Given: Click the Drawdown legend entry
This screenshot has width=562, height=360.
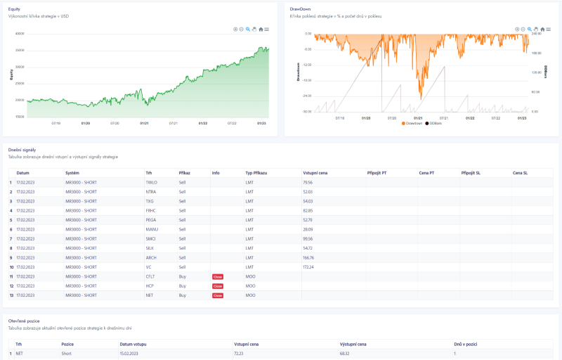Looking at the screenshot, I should [x=413, y=123].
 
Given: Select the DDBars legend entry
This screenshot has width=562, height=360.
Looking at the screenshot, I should [x=436, y=123].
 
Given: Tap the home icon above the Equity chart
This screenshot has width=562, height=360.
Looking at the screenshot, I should [x=261, y=30].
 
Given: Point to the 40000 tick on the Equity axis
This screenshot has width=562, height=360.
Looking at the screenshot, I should [x=20, y=34].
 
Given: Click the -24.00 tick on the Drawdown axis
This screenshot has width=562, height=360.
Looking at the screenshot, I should [x=306, y=96].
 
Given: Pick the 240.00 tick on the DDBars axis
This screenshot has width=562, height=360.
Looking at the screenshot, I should [x=536, y=34].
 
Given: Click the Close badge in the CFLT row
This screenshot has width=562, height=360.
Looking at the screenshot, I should [x=218, y=277].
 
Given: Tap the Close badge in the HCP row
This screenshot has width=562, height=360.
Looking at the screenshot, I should [x=218, y=286].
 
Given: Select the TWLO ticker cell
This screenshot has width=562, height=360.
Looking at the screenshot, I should [x=151, y=182].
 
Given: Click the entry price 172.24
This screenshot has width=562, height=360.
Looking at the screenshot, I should [x=308, y=267].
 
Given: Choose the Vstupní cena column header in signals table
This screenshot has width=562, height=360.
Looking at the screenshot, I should [x=313, y=172].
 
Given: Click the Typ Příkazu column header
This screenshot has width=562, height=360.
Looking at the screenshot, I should [x=256, y=172].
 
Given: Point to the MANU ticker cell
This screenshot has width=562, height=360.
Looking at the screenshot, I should [x=152, y=229].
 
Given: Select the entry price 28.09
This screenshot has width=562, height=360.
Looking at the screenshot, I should [x=308, y=229].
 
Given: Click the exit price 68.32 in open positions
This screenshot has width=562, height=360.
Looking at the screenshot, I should [x=345, y=354].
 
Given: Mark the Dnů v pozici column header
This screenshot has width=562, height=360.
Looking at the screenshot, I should [x=466, y=344].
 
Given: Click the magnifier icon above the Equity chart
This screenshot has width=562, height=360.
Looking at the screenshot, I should [x=248, y=30].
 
